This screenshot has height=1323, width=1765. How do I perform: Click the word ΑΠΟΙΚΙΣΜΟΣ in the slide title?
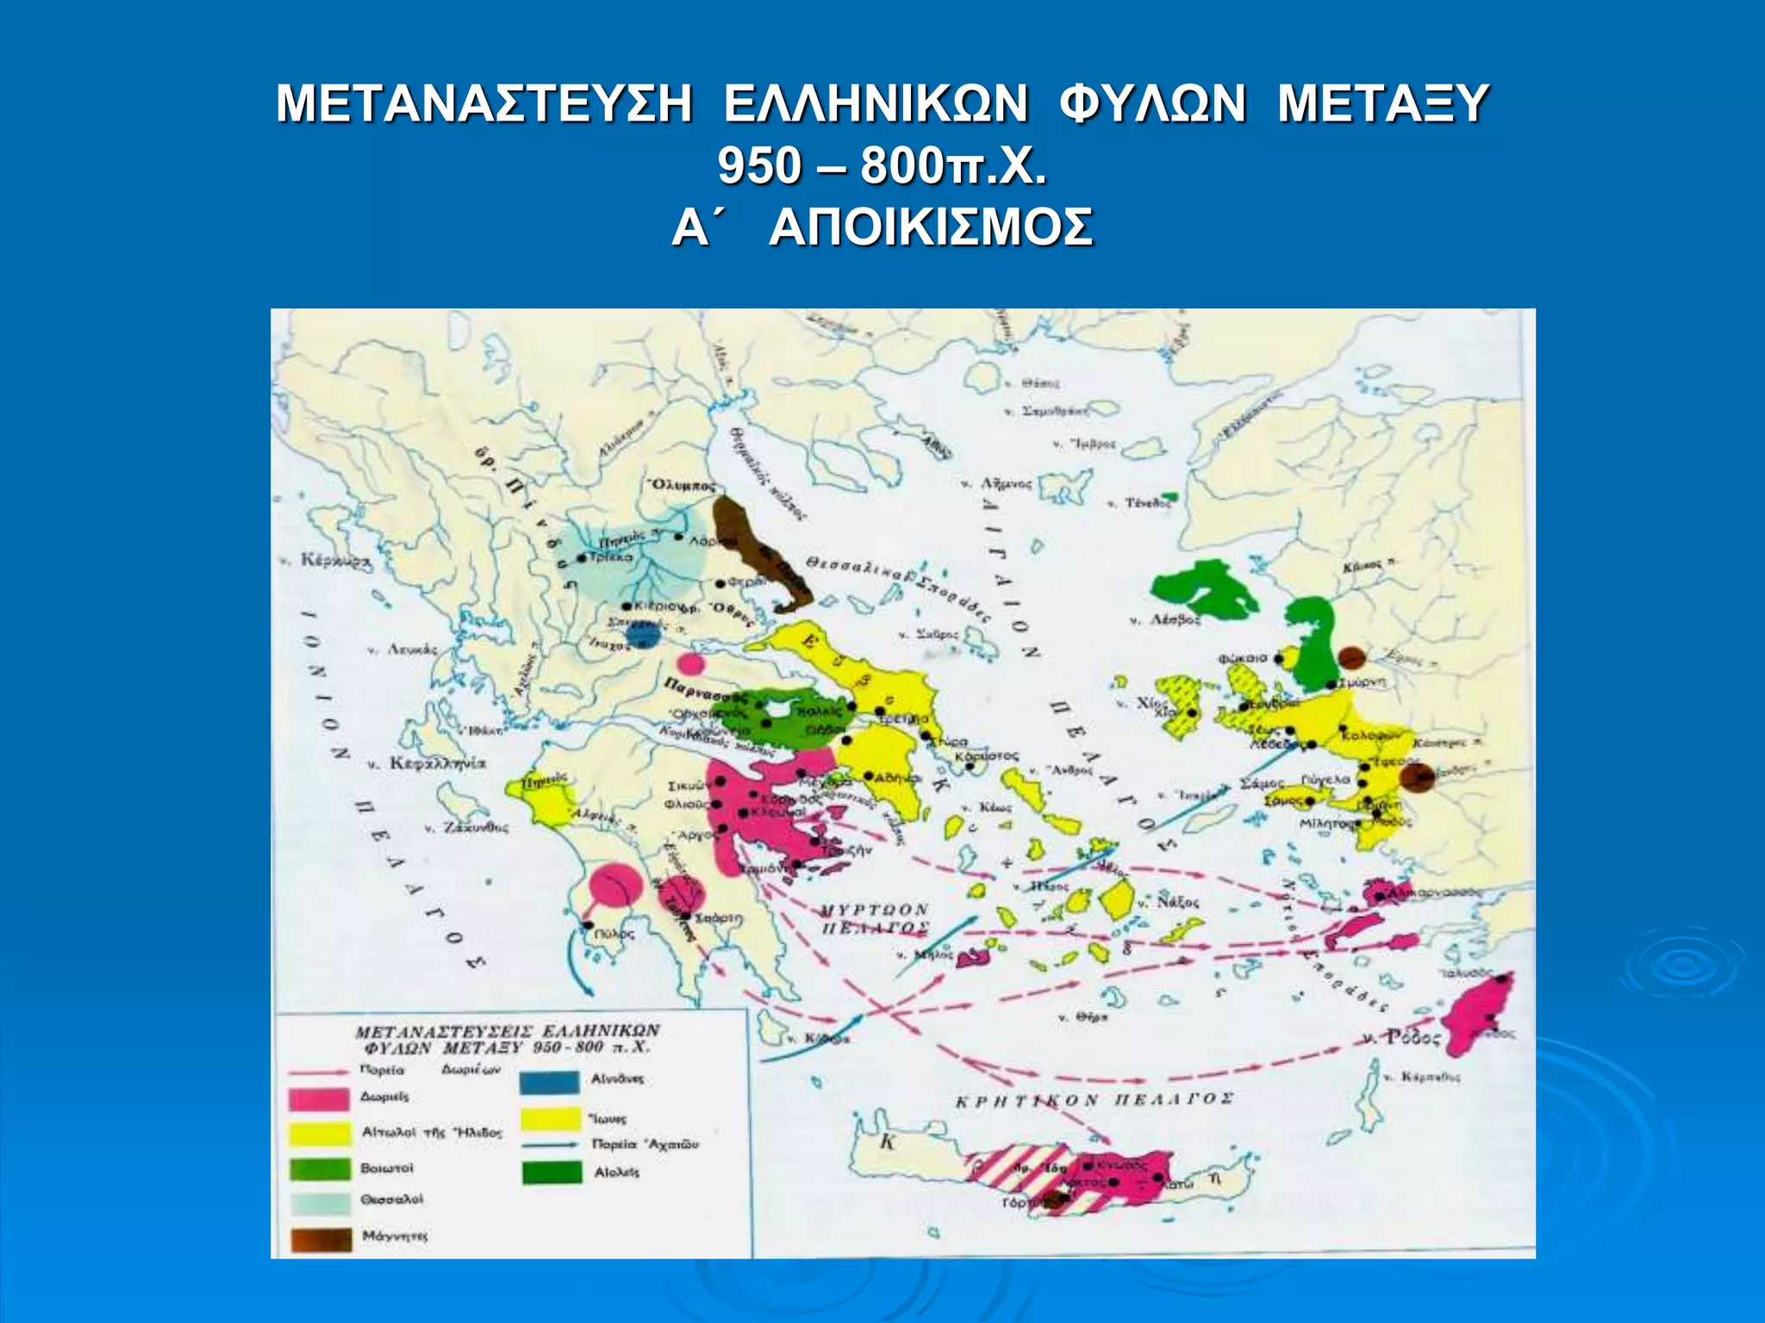point(931,229)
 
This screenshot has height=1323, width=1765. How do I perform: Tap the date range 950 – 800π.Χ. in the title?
point(882,165)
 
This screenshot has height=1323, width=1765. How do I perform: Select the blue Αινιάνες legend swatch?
point(549,1082)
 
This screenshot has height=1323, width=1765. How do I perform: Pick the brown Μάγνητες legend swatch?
point(320,1239)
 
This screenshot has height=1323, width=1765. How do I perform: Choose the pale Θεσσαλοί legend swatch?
point(320,1202)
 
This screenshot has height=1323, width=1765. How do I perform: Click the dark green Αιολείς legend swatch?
point(551,1172)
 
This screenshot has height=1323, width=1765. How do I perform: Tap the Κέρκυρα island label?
point(333,561)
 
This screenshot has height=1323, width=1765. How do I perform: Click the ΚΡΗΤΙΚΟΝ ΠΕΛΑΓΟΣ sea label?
point(1095,1100)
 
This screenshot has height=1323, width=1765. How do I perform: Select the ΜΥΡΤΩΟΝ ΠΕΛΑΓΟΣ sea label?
point(873,919)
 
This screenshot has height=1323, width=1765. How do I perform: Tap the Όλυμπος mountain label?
point(683,485)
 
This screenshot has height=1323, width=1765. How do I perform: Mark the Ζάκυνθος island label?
point(475,828)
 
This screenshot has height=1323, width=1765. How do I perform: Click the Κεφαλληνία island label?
point(436,763)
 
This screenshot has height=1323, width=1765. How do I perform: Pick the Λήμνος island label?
point(1004,484)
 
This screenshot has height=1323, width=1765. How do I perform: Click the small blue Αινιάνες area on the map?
point(643,636)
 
